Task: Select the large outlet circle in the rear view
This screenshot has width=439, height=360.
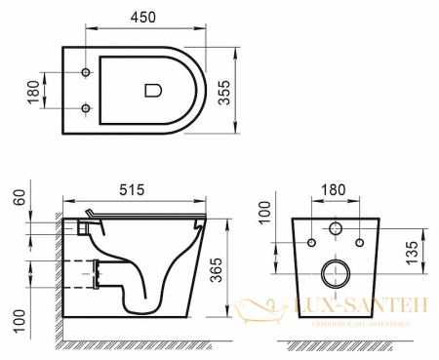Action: pos(335,271)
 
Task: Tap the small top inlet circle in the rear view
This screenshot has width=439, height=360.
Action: pos(335,231)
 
